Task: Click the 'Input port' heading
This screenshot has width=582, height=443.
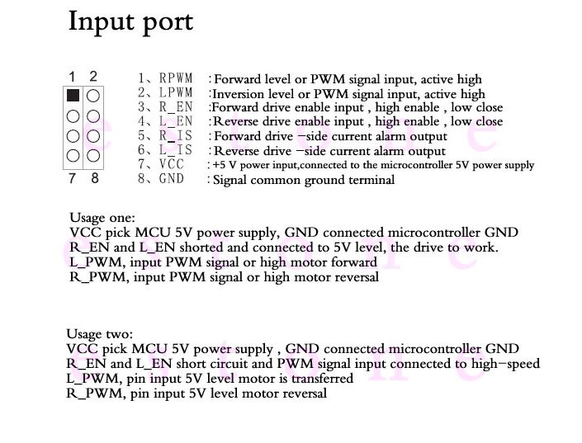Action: tap(130, 21)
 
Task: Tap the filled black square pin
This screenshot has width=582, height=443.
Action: tap(73, 96)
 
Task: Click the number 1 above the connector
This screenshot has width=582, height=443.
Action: tap(73, 77)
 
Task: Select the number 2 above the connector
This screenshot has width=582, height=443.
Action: tap(93, 77)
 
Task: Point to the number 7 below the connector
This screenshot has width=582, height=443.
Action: tap(73, 177)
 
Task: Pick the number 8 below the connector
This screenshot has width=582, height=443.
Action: tap(95, 177)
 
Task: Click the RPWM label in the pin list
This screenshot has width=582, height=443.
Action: tap(176, 79)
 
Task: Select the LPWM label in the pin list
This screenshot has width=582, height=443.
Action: tap(176, 93)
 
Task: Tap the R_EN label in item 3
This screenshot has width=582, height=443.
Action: tap(176, 107)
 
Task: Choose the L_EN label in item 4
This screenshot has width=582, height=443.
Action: tap(176, 121)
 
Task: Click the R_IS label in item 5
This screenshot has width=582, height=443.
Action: tap(176, 135)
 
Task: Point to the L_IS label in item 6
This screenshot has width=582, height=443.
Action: tap(176, 150)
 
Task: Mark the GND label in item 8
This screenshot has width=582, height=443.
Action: tap(172, 179)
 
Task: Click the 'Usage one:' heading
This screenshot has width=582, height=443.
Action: tap(103, 218)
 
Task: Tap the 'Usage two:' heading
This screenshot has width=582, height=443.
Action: tap(99, 334)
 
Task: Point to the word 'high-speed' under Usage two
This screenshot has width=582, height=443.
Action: tap(506, 364)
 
